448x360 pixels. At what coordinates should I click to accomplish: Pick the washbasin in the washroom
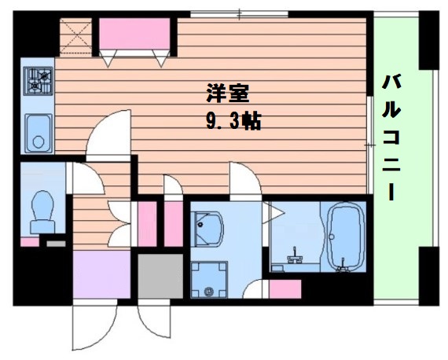(x=207, y=231)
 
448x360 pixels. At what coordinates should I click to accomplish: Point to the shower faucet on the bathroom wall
(x=296, y=256)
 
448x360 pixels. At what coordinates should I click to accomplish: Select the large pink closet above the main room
(x=134, y=36)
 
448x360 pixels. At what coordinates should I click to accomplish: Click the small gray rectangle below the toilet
(x=56, y=244)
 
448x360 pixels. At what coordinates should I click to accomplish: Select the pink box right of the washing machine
(x=285, y=288)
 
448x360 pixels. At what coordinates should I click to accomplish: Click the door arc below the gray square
(x=153, y=322)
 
